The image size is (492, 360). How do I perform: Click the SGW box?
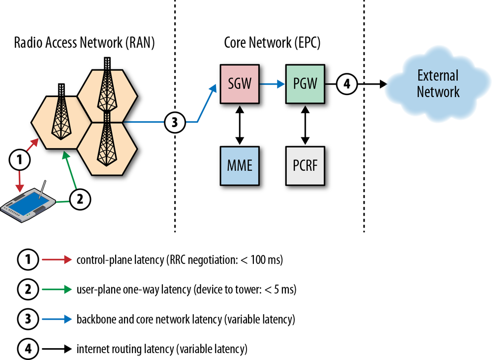click(x=240, y=85)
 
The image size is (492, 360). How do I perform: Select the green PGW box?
click(x=305, y=85)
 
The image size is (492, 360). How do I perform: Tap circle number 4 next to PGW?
click(x=346, y=84)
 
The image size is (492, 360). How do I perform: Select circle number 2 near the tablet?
click(x=80, y=199)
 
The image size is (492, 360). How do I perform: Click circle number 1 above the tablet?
click(x=19, y=159)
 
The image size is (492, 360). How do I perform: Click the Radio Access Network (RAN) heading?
click(x=84, y=43)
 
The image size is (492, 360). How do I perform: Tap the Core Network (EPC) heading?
click(x=272, y=43)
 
